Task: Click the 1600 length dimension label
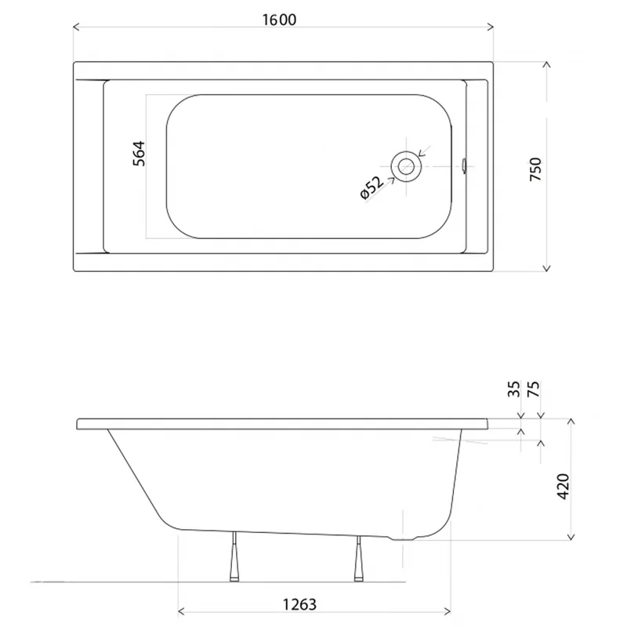[279, 20]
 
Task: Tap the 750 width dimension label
[535, 169]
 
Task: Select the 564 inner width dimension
[140, 154]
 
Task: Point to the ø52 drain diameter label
[371, 187]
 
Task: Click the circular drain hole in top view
[406, 166]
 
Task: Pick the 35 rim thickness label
[514, 389]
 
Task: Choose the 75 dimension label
[534, 389]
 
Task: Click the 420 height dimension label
[563, 486]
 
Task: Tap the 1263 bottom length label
[299, 604]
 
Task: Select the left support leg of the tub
[234, 556]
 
